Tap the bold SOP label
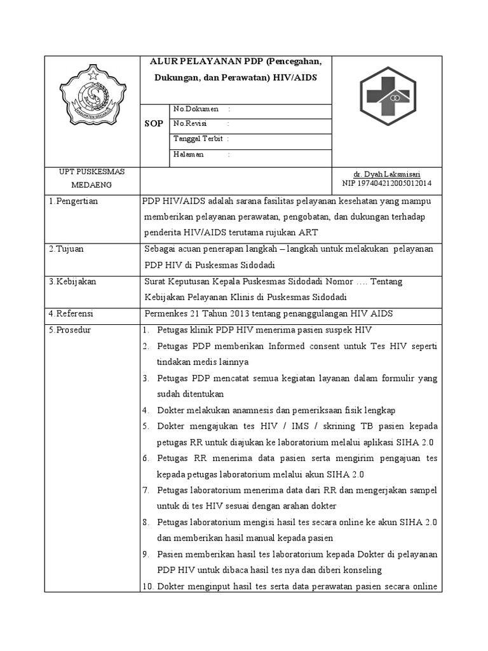click(154, 123)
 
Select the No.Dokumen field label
click(195, 109)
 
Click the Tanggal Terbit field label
click(198, 139)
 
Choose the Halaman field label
click(188, 154)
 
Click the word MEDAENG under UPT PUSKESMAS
click(91, 185)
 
